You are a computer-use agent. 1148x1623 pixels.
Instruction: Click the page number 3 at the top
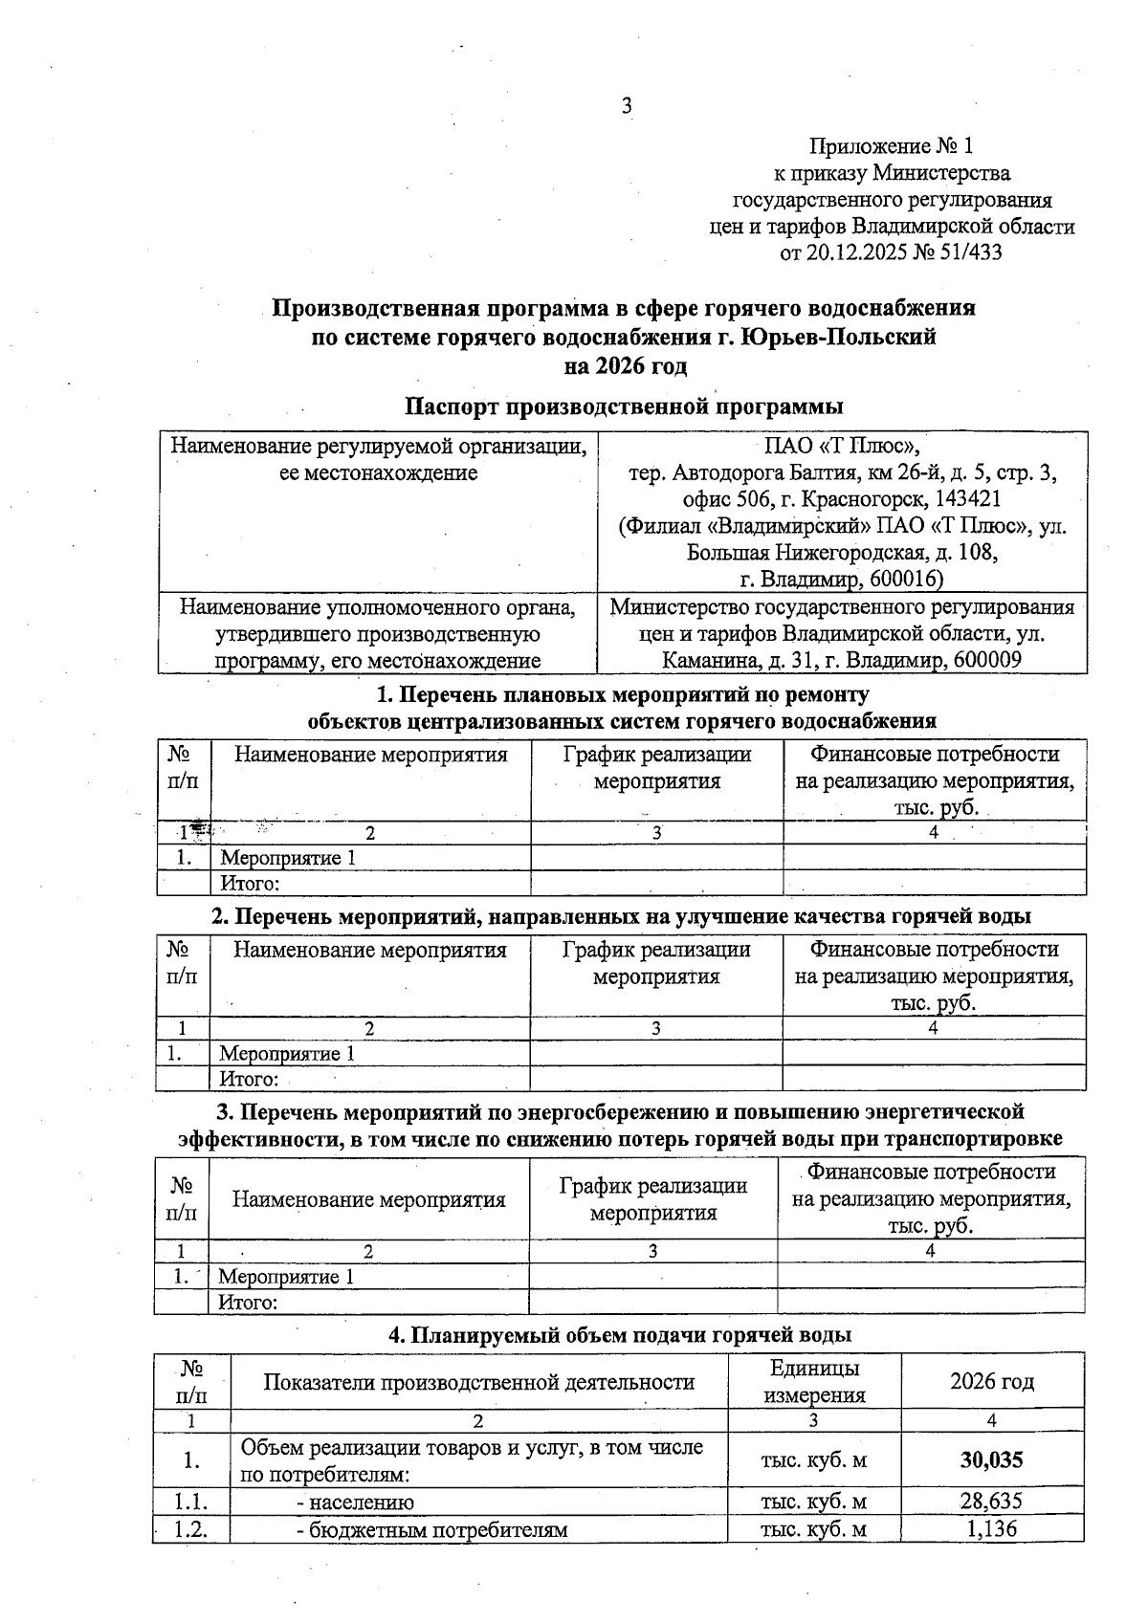628,106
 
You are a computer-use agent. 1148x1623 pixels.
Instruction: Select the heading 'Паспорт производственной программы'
623,406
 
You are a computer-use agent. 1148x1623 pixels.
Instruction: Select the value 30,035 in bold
991,1459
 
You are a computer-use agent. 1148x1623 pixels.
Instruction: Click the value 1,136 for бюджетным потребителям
991,1528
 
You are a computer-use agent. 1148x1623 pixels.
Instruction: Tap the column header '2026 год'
991,1381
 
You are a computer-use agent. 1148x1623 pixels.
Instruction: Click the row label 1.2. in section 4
191,1528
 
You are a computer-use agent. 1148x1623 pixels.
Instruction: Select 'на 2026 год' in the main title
627,366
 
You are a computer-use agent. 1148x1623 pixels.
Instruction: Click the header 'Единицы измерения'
814,1381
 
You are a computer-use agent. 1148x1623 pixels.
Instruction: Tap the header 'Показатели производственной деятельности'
478,1381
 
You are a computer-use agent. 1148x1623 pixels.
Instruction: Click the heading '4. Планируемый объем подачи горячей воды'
620,1335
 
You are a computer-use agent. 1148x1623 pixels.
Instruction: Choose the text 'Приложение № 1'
891,146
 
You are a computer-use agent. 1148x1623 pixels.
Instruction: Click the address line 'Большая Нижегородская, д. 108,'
842,553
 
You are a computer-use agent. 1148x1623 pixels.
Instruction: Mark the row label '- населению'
355,1502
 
